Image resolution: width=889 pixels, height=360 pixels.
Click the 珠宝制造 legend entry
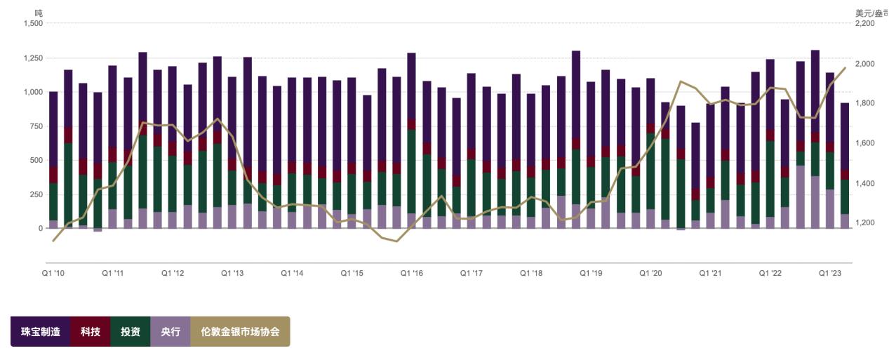(40, 331)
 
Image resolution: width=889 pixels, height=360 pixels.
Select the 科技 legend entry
(90, 331)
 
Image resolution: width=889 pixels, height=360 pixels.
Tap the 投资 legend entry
(131, 331)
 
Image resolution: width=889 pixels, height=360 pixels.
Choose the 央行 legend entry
(171, 331)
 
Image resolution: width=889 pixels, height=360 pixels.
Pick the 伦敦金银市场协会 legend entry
(240, 331)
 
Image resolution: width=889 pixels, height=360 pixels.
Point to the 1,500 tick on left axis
(33, 23)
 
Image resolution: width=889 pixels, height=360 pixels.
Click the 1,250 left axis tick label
(33, 58)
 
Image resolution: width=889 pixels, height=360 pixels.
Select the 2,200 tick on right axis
(865, 23)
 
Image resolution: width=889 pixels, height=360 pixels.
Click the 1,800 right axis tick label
(865, 103)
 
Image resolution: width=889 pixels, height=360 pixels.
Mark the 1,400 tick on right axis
(865, 183)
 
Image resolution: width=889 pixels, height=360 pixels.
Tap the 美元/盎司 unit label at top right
(871, 13)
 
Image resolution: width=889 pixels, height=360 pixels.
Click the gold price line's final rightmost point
(845, 67)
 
